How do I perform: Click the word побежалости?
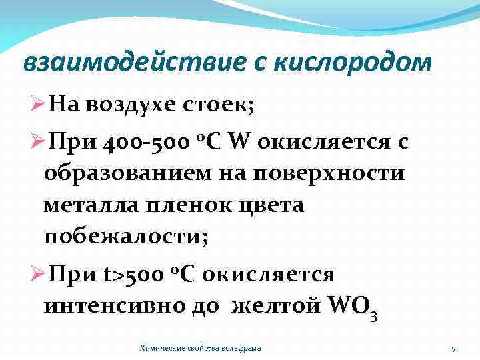pyautogui.click(x=126, y=237)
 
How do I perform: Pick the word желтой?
pyautogui.click(x=281, y=307)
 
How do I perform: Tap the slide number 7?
pyautogui.click(x=453, y=348)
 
